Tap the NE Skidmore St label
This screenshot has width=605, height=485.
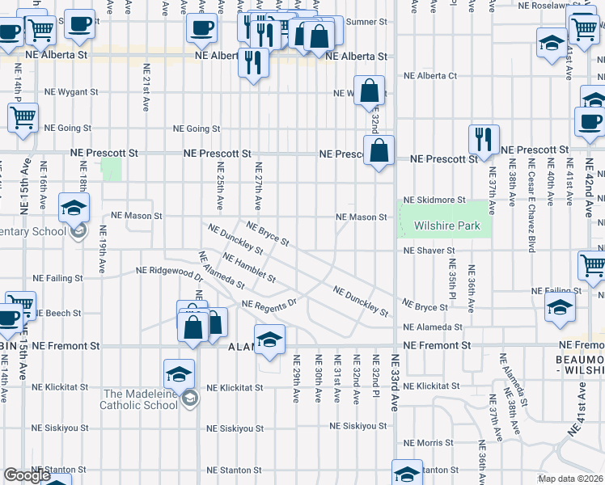pyautogui.click(x=434, y=199)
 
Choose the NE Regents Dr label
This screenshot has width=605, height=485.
pyautogui.click(x=270, y=305)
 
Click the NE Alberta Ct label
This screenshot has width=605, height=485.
pyautogui.click(x=430, y=76)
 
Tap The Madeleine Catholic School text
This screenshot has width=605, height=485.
pyautogui.click(x=139, y=399)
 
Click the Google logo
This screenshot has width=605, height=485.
pyautogui.click(x=27, y=475)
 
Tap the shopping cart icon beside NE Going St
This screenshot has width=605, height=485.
pyautogui.click(x=23, y=116)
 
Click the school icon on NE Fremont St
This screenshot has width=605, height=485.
pyautogui.click(x=269, y=339)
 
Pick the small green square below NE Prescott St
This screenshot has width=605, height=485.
pyautogui.click(x=111, y=170)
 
